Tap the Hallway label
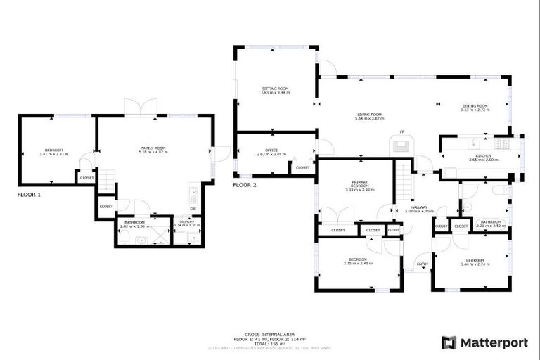420,209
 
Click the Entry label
423,264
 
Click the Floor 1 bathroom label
133,224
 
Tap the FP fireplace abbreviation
402,132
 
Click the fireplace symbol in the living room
401,146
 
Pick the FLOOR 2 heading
245,185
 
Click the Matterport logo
484,342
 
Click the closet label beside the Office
303,168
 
